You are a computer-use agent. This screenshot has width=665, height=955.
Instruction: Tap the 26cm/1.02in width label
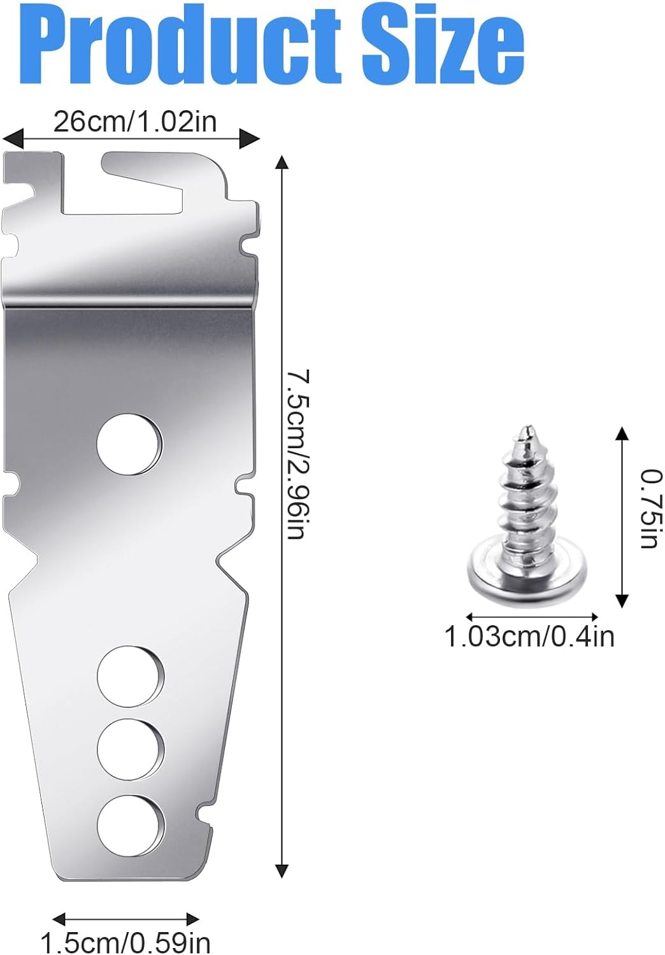[135, 122]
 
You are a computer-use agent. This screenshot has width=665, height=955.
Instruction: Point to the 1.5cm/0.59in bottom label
[125, 941]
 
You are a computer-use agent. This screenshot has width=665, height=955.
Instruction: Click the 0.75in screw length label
[652, 508]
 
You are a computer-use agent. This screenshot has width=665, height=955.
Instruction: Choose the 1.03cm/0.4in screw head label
[529, 637]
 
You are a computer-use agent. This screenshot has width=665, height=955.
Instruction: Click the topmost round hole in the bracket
[129, 444]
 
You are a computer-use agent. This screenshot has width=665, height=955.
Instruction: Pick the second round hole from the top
[130, 676]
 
